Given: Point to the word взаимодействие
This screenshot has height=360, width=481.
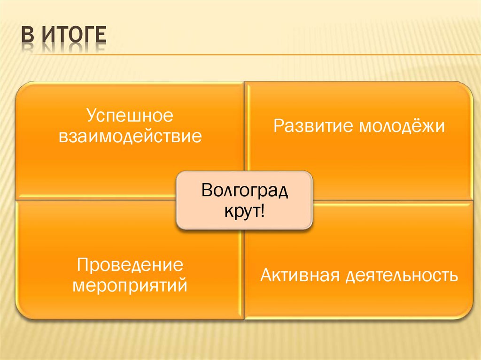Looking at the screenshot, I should click(130, 137).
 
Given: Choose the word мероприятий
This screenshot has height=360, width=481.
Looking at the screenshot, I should click(130, 285).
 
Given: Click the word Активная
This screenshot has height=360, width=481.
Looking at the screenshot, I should click(300, 275).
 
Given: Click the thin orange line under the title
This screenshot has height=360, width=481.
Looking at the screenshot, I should click(282, 55).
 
